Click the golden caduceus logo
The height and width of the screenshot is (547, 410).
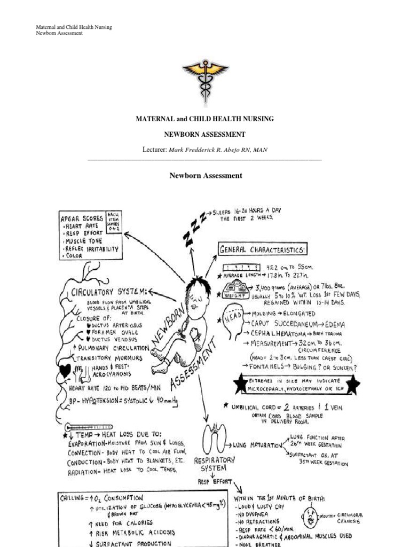point(205,78)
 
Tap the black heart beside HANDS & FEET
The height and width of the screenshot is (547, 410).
point(67,370)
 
